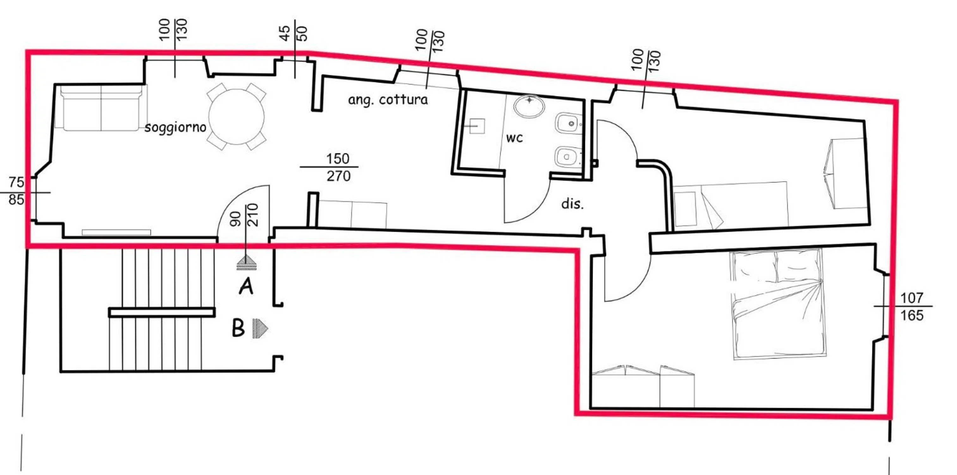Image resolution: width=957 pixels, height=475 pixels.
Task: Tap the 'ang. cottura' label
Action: point(388,100)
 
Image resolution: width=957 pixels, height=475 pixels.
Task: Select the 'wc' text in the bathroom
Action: point(515,138)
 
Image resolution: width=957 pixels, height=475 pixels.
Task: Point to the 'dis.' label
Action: point(572,204)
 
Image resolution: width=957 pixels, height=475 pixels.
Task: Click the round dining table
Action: point(236,117)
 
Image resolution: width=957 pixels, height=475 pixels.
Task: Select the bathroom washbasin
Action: point(529,106)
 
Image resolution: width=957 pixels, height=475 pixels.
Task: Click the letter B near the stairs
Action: point(238,328)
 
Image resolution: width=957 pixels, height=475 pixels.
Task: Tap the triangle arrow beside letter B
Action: point(260,328)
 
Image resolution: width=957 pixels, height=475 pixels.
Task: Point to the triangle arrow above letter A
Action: point(247,262)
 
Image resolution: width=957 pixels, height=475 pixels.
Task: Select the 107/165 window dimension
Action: point(911,307)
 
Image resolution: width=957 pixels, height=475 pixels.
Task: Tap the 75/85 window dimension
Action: point(17,191)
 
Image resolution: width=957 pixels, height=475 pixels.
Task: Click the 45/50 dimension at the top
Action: point(294,34)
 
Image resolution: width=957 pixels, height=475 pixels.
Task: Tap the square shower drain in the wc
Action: point(477,126)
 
